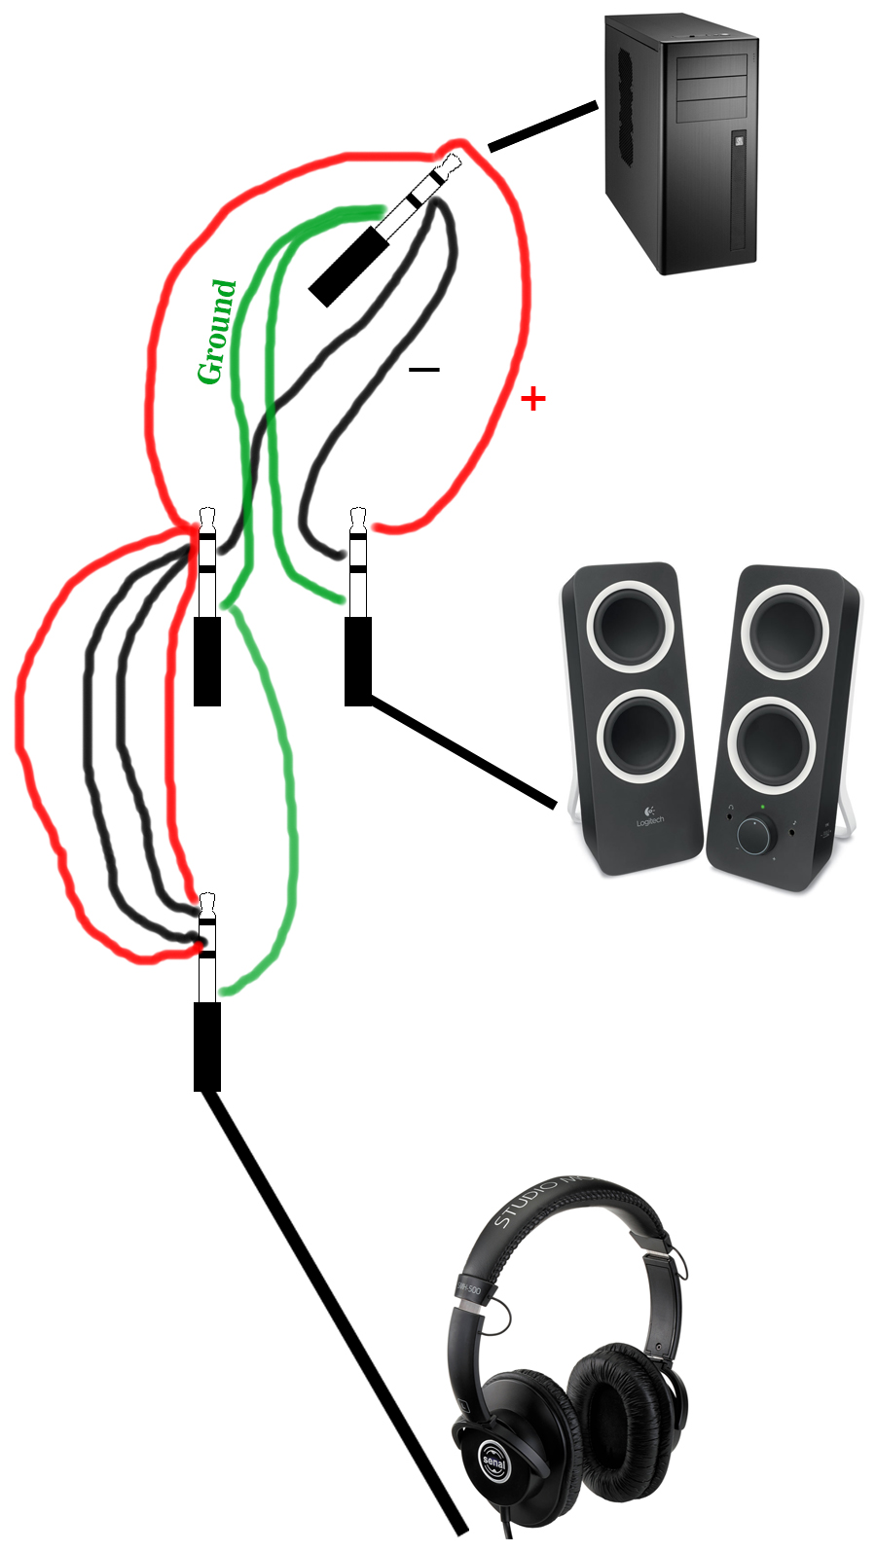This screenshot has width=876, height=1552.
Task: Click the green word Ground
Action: [x=217, y=332]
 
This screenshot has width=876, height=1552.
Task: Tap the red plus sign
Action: [x=532, y=398]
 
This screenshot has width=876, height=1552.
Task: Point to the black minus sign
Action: [x=423, y=370]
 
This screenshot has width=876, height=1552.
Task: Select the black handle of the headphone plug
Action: [x=206, y=1046]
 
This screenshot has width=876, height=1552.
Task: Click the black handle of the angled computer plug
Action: [x=350, y=263]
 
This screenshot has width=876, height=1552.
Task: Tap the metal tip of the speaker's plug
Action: [x=357, y=515]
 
